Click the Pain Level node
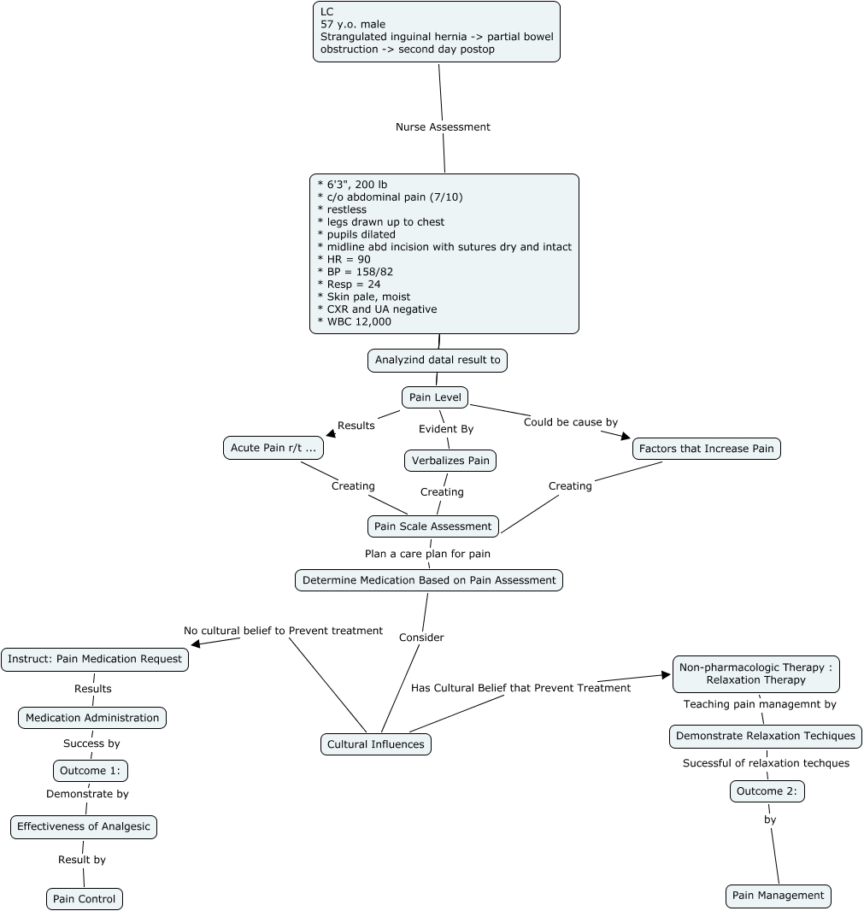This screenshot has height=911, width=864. [x=435, y=397]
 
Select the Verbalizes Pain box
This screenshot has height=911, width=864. [x=450, y=461]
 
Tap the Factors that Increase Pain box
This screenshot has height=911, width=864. [x=706, y=449]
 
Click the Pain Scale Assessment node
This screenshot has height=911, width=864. [x=432, y=526]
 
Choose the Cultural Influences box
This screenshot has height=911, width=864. [x=376, y=744]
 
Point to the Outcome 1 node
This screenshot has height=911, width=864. [x=91, y=771]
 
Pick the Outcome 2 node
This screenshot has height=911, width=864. [x=767, y=791]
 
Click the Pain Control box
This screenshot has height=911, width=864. [x=85, y=899]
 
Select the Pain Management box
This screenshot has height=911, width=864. [x=778, y=896]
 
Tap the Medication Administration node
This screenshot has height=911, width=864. [x=92, y=718]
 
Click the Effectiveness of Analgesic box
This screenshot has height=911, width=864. [x=84, y=826]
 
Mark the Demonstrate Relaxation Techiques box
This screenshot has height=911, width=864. [x=765, y=736]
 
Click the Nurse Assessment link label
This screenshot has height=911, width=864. [x=443, y=126]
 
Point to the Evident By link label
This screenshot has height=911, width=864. [x=445, y=429]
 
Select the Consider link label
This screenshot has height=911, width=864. [x=421, y=638]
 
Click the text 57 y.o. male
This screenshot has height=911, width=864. [x=353, y=24]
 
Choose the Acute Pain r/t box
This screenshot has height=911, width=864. [x=273, y=448]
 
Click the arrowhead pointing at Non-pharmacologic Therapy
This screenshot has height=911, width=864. [x=667, y=675]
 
